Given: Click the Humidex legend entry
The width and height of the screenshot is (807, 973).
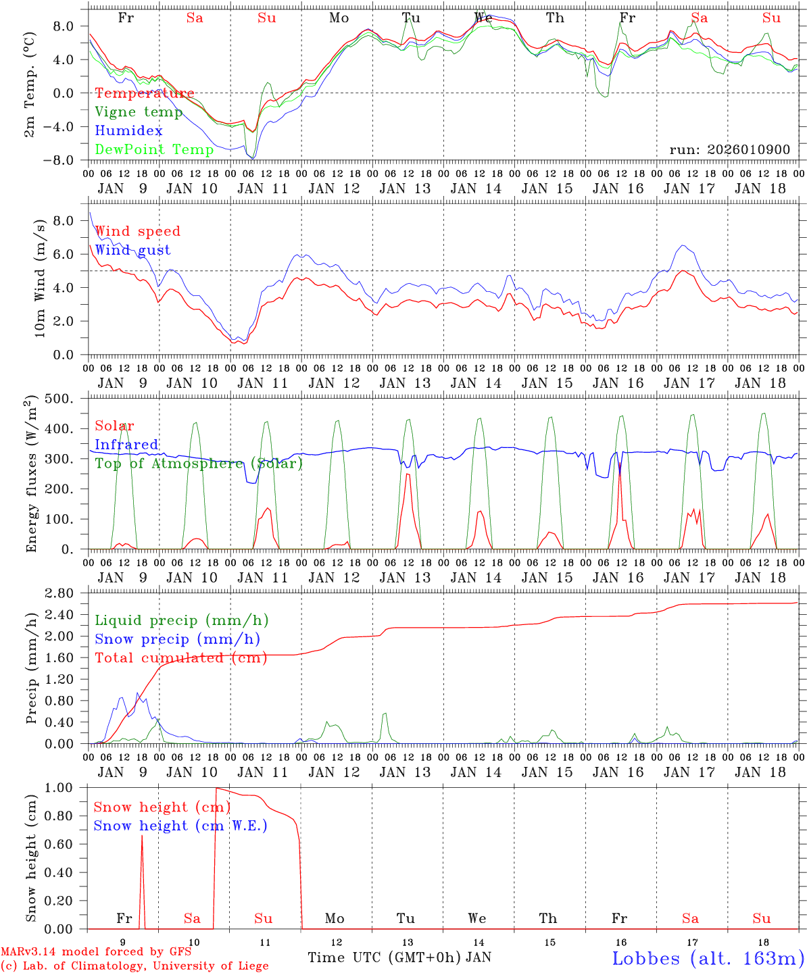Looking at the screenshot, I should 128,130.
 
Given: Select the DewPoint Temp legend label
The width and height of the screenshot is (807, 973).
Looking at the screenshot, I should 154,149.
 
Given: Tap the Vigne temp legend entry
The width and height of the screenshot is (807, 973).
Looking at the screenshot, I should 139,111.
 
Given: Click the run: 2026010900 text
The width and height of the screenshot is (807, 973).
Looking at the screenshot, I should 729,149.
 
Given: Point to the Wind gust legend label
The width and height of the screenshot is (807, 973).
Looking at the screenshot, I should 132,250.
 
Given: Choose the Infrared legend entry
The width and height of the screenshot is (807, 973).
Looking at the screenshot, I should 126,445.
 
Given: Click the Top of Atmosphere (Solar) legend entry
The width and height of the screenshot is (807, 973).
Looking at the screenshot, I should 198,464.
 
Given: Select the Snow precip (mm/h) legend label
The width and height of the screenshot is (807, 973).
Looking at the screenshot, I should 177,639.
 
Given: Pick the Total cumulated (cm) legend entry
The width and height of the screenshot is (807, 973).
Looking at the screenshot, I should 180,658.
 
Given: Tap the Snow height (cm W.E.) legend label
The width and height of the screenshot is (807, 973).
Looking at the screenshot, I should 180,826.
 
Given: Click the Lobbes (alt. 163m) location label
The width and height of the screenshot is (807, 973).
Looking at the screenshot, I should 708,958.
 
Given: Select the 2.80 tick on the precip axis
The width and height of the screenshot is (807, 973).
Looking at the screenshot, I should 68,593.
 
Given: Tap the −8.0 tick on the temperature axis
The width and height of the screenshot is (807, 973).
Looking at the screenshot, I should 68,160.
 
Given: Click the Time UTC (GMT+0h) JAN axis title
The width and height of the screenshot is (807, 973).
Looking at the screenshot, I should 399,957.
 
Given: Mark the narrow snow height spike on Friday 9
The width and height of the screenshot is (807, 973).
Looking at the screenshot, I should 142,838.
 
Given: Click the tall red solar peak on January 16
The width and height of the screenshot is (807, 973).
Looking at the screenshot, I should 620,466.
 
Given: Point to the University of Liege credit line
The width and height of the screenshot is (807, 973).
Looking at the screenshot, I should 134,966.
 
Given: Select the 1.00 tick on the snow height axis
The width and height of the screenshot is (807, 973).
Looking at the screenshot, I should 68,788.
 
